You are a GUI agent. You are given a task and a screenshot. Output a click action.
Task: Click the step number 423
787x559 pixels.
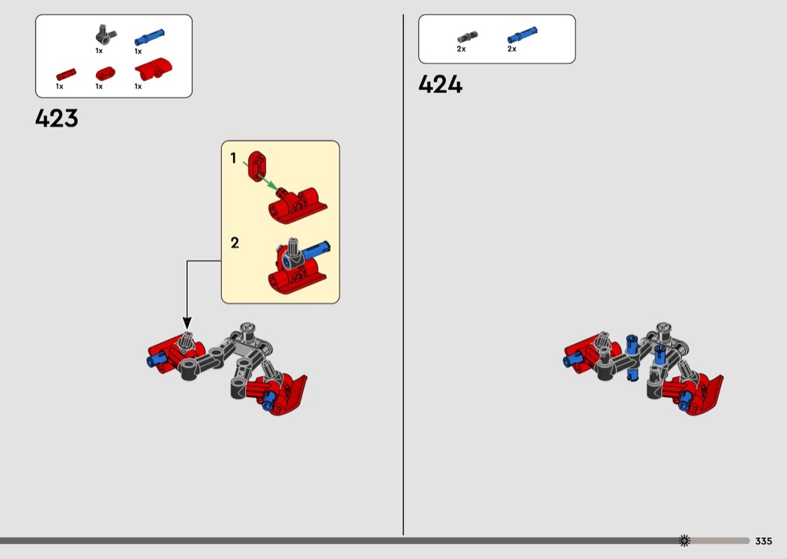(x=57, y=118)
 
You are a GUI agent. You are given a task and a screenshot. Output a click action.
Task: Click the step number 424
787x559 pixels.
(x=440, y=85)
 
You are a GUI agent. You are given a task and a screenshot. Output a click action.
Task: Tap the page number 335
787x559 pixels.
(x=764, y=541)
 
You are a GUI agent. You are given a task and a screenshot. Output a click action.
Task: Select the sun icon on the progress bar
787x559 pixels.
(x=684, y=540)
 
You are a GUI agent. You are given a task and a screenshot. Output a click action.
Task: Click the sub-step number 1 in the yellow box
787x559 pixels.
(x=233, y=158)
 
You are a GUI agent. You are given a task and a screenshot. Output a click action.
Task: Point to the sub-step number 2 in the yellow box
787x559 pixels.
(x=235, y=243)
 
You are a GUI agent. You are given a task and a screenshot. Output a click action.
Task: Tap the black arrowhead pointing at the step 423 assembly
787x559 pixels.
(x=187, y=323)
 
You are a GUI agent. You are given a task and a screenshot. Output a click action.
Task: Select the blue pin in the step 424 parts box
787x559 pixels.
(x=522, y=35)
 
